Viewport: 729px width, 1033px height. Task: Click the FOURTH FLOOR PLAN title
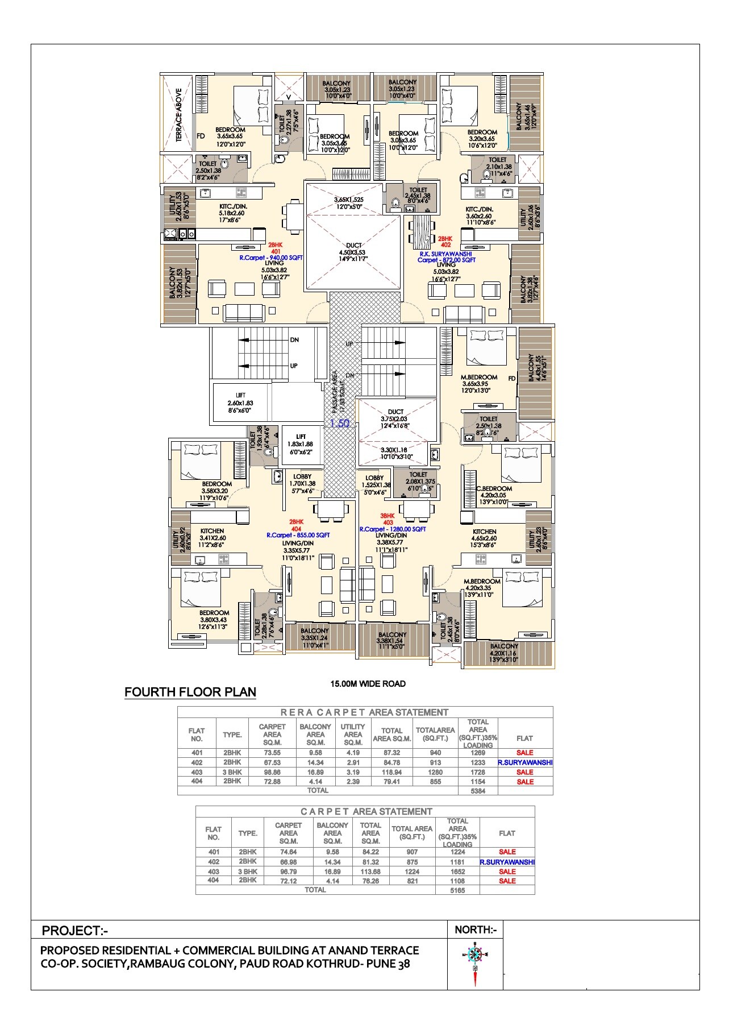click(x=190, y=692)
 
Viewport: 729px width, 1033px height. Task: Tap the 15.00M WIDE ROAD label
click(x=368, y=683)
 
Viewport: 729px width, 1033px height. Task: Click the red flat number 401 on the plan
click(x=276, y=251)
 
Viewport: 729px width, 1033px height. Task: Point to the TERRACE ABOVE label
click(x=178, y=114)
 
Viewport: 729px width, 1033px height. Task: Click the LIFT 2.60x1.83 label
click(x=240, y=403)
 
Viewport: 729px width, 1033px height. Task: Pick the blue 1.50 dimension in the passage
click(x=340, y=423)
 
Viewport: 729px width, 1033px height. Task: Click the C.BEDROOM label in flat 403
click(x=494, y=489)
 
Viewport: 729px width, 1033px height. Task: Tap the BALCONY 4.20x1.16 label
click(x=504, y=653)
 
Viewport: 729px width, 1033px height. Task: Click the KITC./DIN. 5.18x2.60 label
click(x=233, y=213)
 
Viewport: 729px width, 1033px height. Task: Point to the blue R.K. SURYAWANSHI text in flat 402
click(x=441, y=254)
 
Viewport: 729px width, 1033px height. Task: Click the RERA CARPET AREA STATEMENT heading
click(x=365, y=712)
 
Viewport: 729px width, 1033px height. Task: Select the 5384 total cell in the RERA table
click(x=478, y=791)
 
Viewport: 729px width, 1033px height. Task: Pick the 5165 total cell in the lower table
click(x=457, y=890)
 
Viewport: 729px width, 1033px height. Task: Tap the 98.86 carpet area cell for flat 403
click(x=272, y=772)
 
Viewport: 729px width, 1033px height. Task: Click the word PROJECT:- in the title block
click(x=75, y=931)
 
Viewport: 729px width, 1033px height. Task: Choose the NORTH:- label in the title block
click(x=476, y=930)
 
